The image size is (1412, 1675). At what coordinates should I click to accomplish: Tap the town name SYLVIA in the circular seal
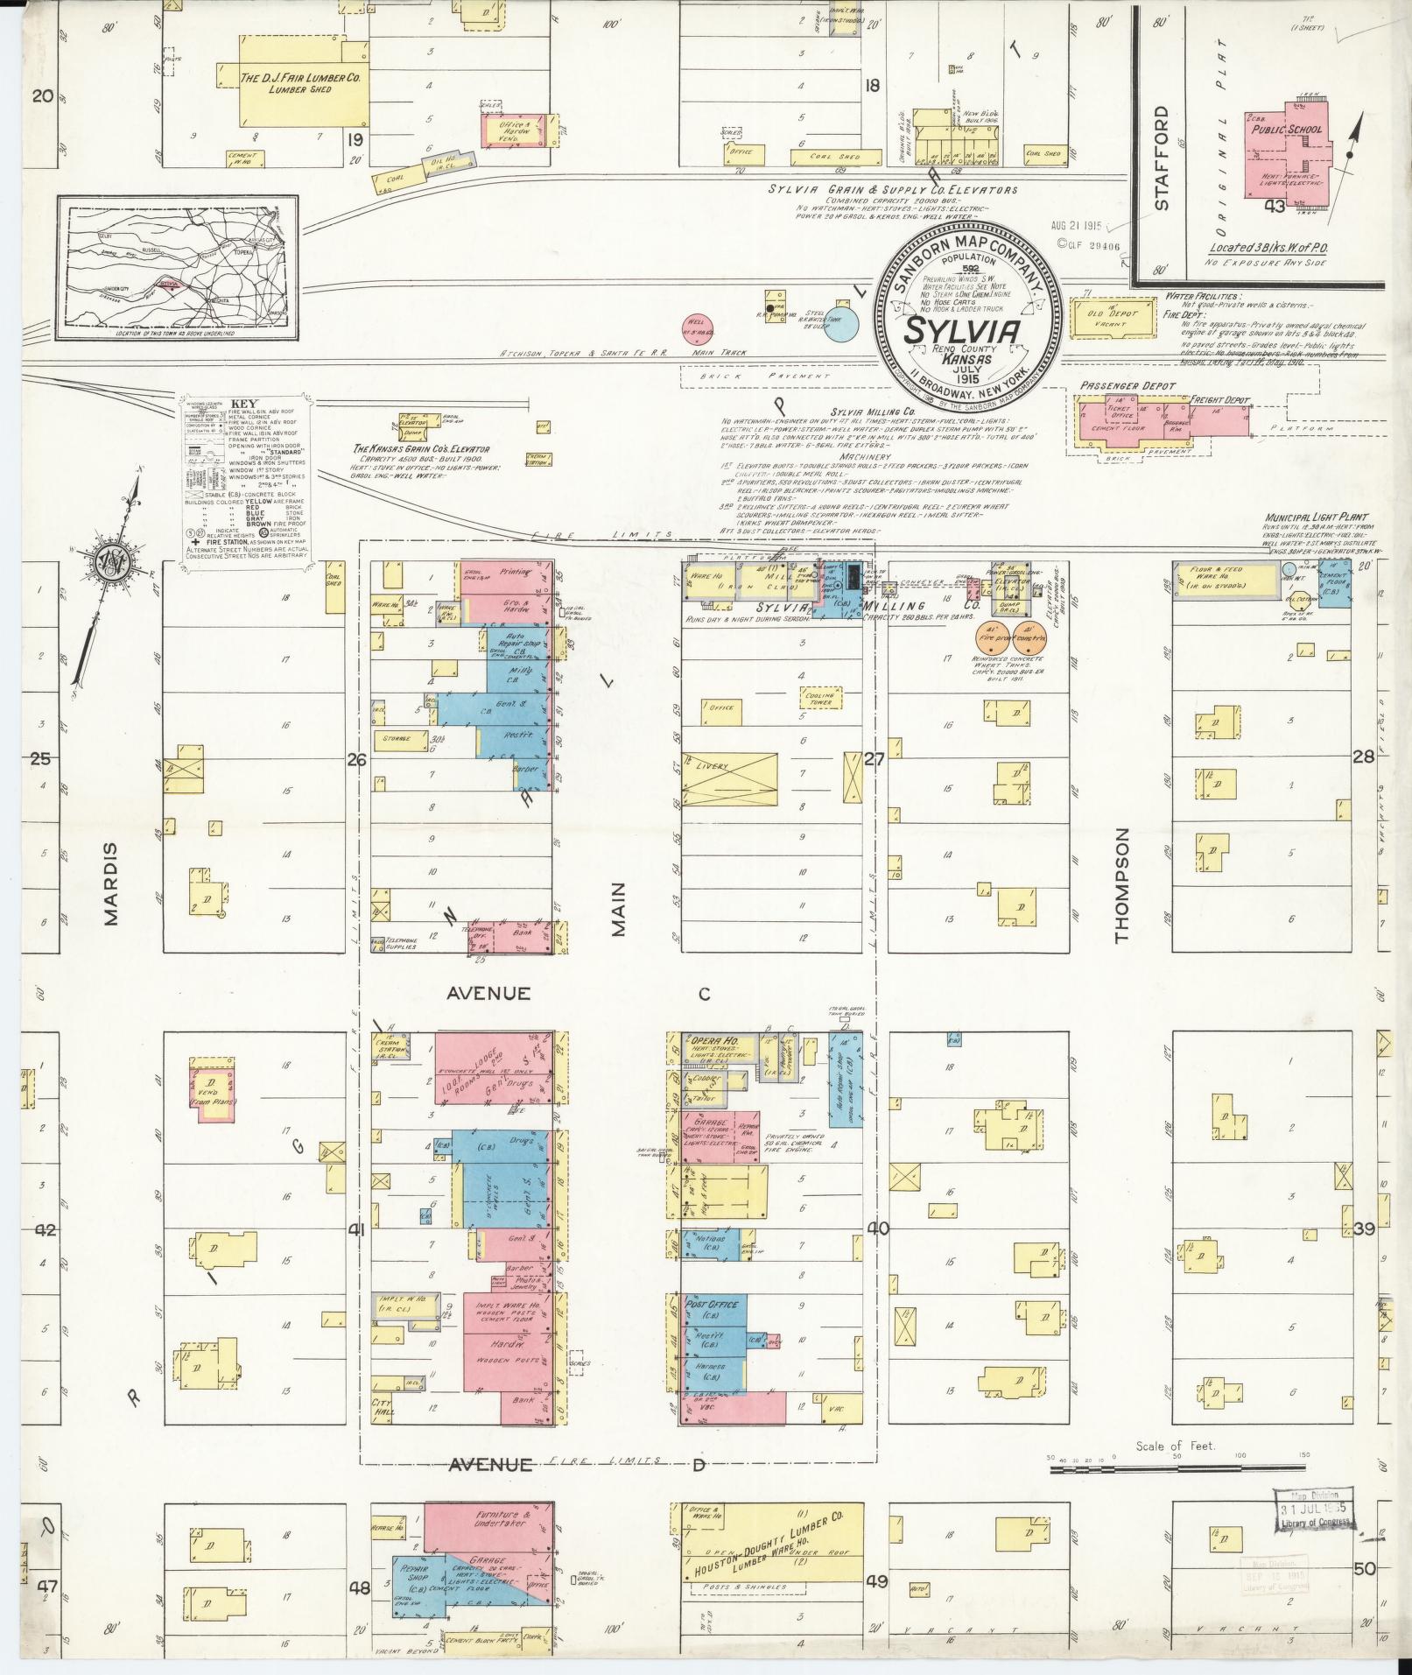(x=961, y=333)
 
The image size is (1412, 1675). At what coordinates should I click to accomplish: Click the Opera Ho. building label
(x=714, y=1039)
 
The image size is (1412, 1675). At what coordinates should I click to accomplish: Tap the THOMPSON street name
(x=1122, y=885)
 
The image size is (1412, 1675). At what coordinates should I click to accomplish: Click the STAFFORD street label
(x=1161, y=158)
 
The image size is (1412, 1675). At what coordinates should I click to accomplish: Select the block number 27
(x=874, y=759)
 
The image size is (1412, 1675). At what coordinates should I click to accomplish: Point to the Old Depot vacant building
(x=1106, y=317)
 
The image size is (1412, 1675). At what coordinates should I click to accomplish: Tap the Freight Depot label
(x=1219, y=400)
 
